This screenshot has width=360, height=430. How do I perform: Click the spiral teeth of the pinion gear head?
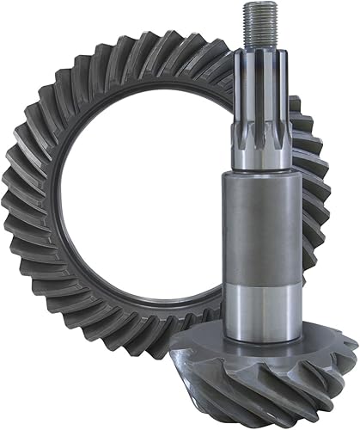click(x=284, y=378)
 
